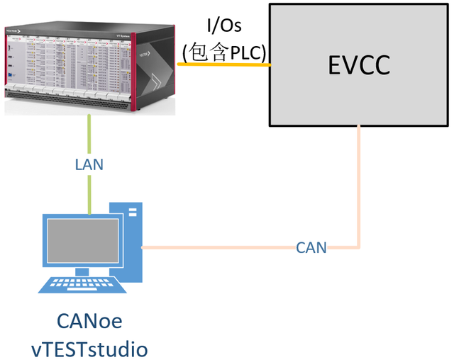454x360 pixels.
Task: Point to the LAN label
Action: coord(89,164)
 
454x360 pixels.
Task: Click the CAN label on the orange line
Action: coord(311,247)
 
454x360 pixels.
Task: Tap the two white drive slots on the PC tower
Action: coord(132,213)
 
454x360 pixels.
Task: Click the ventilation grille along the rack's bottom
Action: coord(71,106)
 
